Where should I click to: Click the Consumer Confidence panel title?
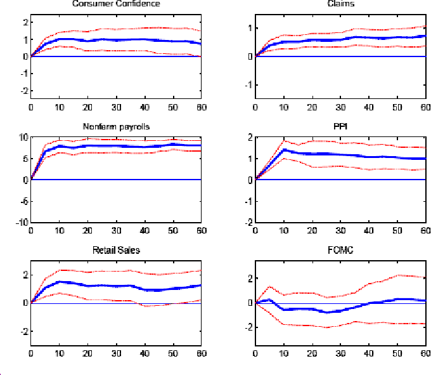point(116,4)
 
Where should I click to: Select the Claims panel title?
point(340,4)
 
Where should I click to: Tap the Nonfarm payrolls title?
point(116,126)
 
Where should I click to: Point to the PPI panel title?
point(340,126)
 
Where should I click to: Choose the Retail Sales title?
point(116,250)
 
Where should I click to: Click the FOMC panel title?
point(340,250)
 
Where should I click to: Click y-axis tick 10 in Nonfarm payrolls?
point(22,137)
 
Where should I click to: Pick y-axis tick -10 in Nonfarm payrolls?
point(20,223)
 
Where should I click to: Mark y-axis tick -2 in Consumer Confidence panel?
point(23,91)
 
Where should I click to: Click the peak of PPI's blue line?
point(284,150)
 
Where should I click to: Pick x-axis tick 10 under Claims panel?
point(284,107)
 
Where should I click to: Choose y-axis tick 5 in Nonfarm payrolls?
point(24,159)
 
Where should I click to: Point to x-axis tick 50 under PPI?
point(397,230)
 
